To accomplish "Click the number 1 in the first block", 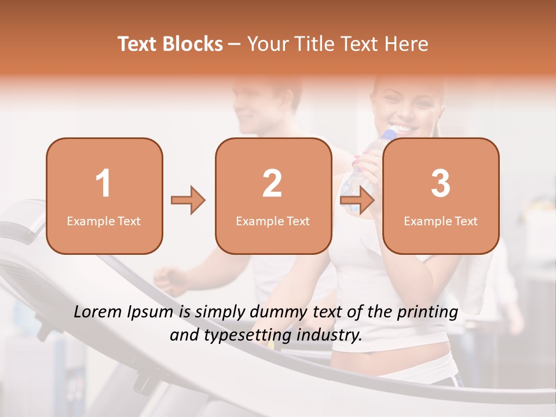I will tap(103, 184).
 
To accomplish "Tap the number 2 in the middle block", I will tap(272, 184).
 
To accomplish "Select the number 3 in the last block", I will tap(441, 184).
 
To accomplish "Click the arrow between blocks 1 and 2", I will tap(188, 201).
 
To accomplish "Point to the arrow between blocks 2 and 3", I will tap(357, 201).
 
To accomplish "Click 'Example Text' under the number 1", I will tap(104, 221).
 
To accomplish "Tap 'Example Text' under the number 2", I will tap(273, 221).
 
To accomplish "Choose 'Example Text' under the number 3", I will tap(441, 221).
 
